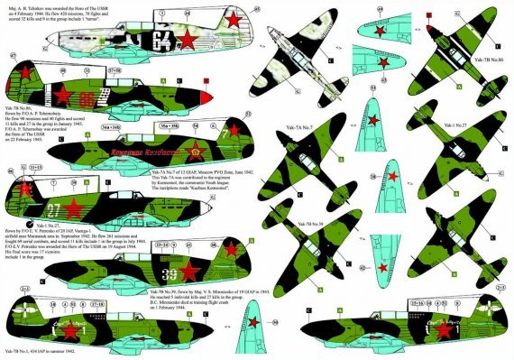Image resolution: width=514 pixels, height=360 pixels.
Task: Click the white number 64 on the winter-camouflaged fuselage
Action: [x=163, y=40]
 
